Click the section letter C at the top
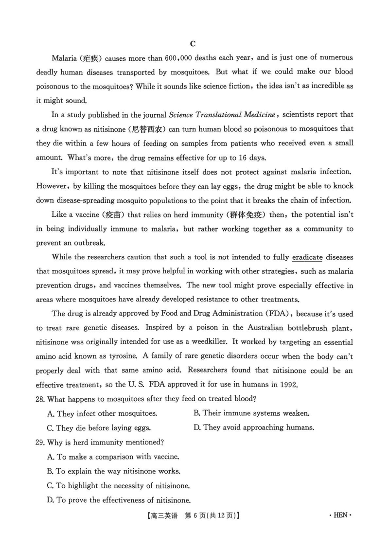(x=193, y=43)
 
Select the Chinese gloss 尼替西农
(x=148, y=129)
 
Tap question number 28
(x=41, y=399)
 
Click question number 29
(x=41, y=442)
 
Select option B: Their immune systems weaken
(x=251, y=413)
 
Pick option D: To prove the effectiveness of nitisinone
(x=119, y=499)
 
